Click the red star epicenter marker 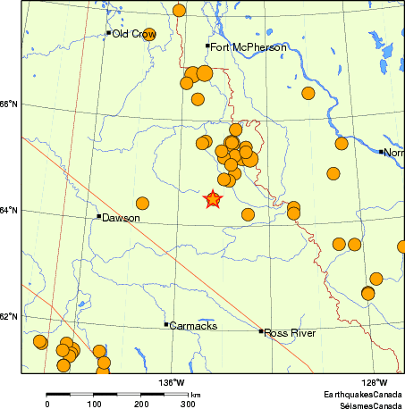pos(213,200)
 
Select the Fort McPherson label pos(238,46)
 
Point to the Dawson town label pos(121,218)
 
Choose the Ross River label pos(290,332)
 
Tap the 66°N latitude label pos(9,104)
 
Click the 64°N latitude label pos(9,211)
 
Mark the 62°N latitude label pos(9,317)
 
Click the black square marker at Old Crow pos(108,33)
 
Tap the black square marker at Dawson pos(98,216)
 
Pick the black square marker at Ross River pos(261,331)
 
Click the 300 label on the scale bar pos(188,404)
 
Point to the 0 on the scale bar pos(47,404)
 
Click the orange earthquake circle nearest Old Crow pos(149,34)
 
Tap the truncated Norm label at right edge pos(393,153)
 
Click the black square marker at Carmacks pos(166,324)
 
